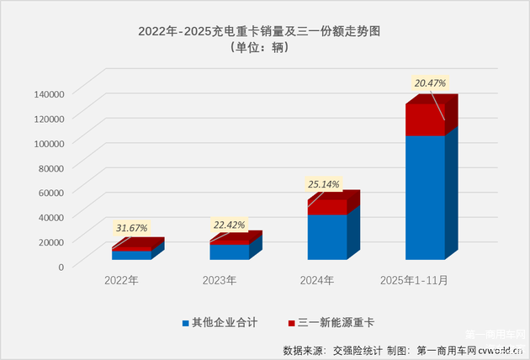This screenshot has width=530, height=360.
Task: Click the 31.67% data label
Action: pyautogui.click(x=130, y=228)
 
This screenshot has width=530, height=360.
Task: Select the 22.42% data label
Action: pyautogui.click(x=229, y=224)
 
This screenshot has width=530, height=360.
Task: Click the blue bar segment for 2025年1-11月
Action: pyautogui.click(x=425, y=197)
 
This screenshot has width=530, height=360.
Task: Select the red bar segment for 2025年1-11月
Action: pyautogui.click(x=425, y=119)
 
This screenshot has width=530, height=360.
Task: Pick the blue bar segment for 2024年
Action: pyautogui.click(x=326, y=236)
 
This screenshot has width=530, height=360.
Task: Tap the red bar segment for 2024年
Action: pyautogui.click(x=326, y=207)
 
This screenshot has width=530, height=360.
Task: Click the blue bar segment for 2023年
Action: pyautogui.click(x=229, y=251)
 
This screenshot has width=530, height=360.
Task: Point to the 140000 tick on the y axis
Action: pyautogui.click(x=49, y=94)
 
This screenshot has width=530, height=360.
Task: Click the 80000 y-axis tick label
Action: pyautogui.click(x=51, y=167)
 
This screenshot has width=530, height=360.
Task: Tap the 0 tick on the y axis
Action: pyautogui.click(x=61, y=267)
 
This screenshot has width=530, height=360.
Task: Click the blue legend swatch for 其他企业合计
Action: pyautogui.click(x=185, y=322)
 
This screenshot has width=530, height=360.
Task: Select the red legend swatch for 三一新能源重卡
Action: pyautogui.click(x=291, y=322)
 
